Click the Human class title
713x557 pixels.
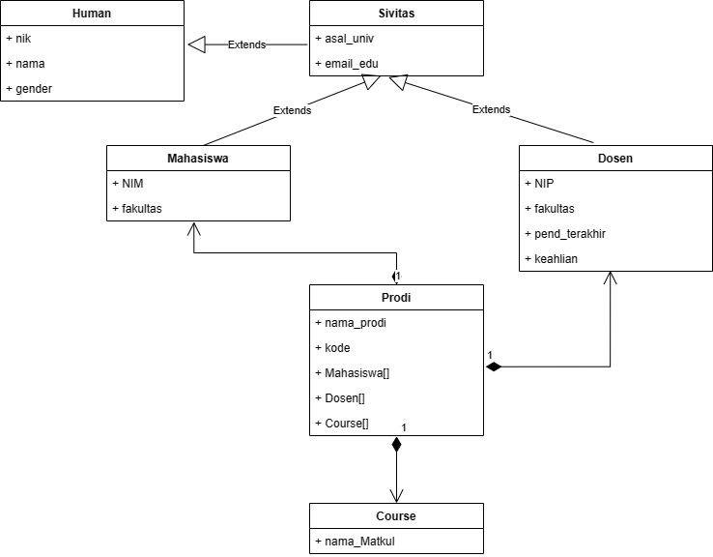click(92, 14)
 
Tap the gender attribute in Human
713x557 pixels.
click(34, 88)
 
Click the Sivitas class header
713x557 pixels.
click(396, 14)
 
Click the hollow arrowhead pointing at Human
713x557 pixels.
click(197, 44)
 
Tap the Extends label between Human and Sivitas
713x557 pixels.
click(246, 44)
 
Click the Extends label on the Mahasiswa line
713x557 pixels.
click(292, 110)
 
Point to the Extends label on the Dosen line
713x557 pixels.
click(491, 109)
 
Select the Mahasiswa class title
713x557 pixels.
click(198, 158)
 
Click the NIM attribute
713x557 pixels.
click(131, 183)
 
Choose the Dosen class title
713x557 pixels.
click(610, 158)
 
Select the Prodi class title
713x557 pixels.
click(396, 297)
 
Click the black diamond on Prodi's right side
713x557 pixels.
click(494, 367)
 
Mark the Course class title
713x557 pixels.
click(396, 515)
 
